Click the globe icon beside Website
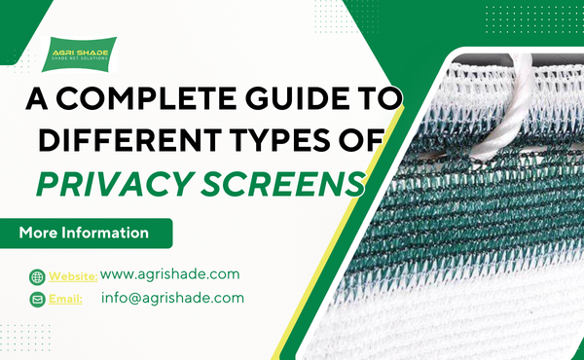coord(37,276)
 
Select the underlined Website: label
coord(72,276)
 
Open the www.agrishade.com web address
coord(169,275)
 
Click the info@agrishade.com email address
coord(172,298)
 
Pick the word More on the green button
coord(39,234)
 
